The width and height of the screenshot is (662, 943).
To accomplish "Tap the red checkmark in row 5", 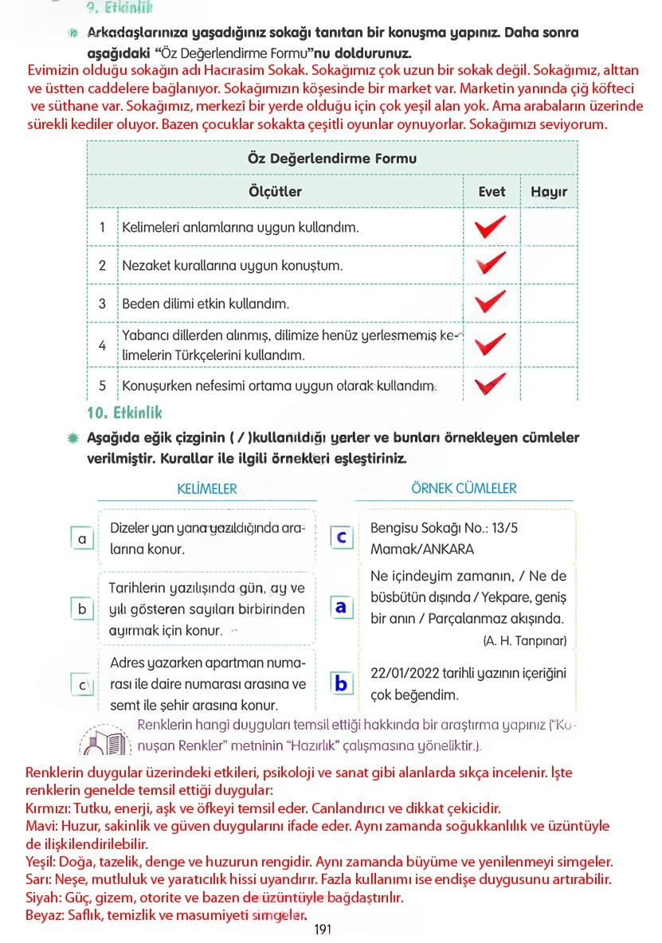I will (x=490, y=385).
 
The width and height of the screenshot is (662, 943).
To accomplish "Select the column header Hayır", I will (x=548, y=192).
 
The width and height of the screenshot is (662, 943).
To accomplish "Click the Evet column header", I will (x=492, y=192).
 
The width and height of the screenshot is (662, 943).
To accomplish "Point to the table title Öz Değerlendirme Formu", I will (x=332, y=158).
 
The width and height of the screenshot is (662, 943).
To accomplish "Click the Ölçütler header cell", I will (x=275, y=192).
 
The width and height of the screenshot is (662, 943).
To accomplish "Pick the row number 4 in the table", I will (x=102, y=346).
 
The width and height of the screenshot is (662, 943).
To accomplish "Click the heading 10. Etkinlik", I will (x=123, y=413).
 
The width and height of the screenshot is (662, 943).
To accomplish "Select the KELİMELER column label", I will (x=206, y=489).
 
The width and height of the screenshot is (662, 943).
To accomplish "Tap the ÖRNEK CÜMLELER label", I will (x=464, y=488).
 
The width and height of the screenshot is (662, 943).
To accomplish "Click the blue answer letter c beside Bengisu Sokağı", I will (x=341, y=538).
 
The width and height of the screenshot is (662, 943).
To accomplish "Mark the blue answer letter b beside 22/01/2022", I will (x=341, y=683).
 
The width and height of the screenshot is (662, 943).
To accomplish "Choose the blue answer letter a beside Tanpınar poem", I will (x=341, y=608).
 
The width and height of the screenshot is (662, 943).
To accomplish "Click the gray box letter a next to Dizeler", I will (x=82, y=539).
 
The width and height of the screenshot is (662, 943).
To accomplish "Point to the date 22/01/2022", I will (x=404, y=674).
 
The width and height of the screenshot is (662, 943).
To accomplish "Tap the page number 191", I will (x=322, y=929).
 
